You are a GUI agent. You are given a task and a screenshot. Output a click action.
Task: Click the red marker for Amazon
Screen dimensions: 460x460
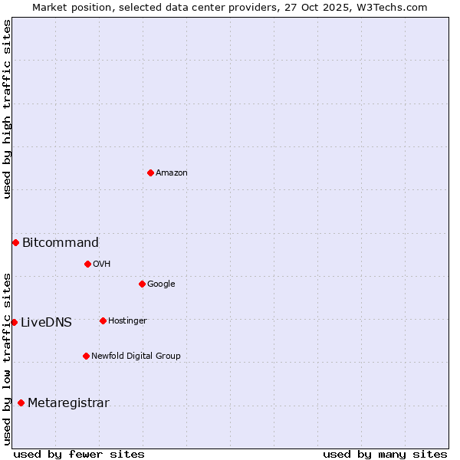click(x=150, y=172)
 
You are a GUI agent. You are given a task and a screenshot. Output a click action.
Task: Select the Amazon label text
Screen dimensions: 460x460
click(x=172, y=173)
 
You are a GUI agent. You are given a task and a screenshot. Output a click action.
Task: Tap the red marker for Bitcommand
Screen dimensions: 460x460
click(x=15, y=242)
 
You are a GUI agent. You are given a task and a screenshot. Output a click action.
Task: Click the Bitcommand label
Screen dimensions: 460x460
click(x=61, y=243)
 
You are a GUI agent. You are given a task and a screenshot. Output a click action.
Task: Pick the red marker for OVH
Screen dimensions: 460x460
click(x=87, y=264)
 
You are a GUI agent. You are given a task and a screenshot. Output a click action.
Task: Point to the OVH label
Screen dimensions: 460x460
click(x=102, y=264)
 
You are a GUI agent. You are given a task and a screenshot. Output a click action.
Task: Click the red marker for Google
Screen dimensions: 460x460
click(x=142, y=284)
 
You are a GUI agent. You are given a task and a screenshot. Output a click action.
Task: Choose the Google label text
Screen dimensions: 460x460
click(x=161, y=284)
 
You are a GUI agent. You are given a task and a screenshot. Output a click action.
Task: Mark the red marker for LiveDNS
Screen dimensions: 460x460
click(x=14, y=322)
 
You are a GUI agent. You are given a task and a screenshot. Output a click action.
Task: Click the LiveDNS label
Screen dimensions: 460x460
click(x=46, y=323)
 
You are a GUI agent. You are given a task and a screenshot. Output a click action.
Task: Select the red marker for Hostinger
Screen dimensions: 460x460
click(x=103, y=320)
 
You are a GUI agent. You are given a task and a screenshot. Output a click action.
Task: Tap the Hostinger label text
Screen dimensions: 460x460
click(x=127, y=321)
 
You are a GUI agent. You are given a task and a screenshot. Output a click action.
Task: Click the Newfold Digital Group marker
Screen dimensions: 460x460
click(x=86, y=356)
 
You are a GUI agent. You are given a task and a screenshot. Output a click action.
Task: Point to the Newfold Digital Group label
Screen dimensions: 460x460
click(x=136, y=356)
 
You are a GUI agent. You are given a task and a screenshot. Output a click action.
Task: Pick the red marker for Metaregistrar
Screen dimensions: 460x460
click(x=21, y=402)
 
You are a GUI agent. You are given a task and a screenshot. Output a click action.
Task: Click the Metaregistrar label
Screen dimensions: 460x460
click(x=68, y=403)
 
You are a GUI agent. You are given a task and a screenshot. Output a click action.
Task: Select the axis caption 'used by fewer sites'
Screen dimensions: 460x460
click(x=79, y=454)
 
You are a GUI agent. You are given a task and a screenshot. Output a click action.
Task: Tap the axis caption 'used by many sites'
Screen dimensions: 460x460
click(x=385, y=454)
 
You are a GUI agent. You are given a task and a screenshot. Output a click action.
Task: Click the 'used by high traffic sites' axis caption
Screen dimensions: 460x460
click(x=7, y=109)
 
